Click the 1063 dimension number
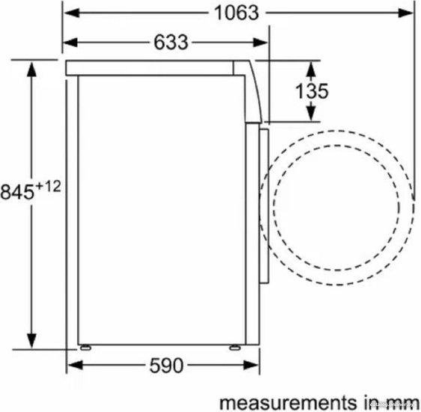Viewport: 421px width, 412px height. point(237,13)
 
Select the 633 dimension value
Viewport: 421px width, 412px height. point(171,43)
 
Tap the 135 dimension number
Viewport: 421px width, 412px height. point(312,91)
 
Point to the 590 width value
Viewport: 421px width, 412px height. point(166,366)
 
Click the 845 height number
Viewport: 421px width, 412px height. point(17,193)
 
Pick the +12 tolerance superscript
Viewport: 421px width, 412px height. point(49,187)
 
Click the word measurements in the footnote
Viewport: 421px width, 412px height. point(288,402)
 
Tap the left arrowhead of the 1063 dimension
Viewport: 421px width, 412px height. point(72,13)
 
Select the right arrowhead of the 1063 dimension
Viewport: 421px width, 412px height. point(405,13)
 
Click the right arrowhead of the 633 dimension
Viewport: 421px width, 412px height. point(260,43)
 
